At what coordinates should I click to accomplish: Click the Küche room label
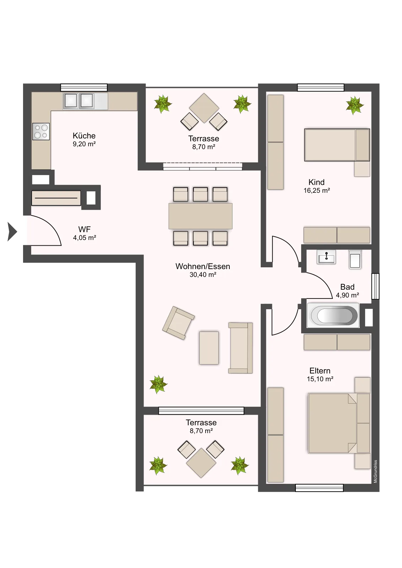(x=84, y=136)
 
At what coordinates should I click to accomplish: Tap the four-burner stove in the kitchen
(x=41, y=131)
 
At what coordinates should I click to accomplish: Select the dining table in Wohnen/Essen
(x=200, y=216)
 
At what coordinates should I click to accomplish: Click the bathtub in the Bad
(x=333, y=316)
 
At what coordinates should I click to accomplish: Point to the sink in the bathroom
(x=326, y=257)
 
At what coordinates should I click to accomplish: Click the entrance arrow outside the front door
(x=12, y=231)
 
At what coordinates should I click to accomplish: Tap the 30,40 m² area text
(x=203, y=275)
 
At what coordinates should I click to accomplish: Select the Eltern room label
(x=320, y=371)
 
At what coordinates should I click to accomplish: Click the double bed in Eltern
(x=339, y=423)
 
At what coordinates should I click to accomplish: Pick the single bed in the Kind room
(x=337, y=145)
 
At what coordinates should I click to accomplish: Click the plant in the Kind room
(x=354, y=105)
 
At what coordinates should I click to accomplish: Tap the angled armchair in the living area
(x=178, y=323)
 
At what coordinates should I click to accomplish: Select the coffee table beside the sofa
(x=209, y=348)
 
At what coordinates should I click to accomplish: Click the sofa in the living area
(x=240, y=348)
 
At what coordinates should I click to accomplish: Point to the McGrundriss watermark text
(x=375, y=471)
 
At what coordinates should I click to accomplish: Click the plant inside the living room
(x=158, y=384)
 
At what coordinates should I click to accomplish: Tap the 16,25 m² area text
(x=317, y=190)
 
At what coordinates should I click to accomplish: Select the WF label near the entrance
(x=85, y=229)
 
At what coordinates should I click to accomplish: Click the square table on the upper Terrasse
(x=204, y=108)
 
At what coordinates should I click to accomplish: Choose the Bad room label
(x=347, y=287)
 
